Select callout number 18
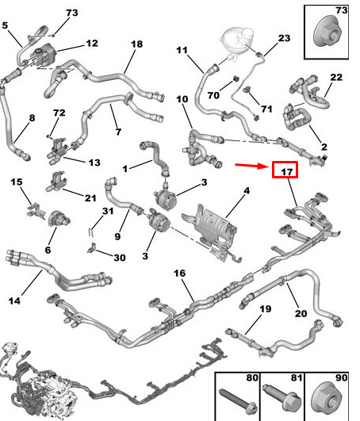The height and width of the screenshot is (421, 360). coord(136,44)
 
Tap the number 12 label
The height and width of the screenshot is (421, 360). coord(92,43)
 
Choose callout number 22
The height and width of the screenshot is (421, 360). coord(336,77)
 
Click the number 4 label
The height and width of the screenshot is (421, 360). coord(247,190)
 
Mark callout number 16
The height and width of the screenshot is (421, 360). coord(179,274)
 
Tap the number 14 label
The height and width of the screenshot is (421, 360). coord(14,300)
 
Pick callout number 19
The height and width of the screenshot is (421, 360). coord(266,308)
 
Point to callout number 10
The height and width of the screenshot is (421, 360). coord(182,100)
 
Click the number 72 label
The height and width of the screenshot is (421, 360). coord(58,114)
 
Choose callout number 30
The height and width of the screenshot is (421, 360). coord(119,258)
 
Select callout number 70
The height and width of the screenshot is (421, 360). coord(213,95)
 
